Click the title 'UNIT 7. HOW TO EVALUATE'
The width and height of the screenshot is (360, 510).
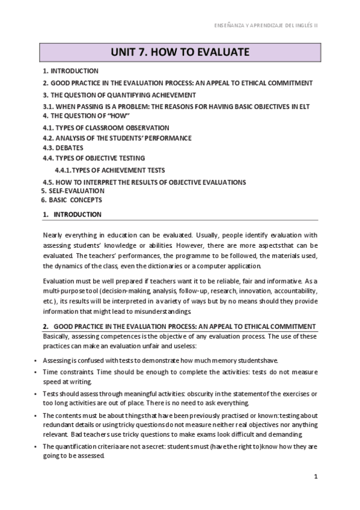tap(180, 53)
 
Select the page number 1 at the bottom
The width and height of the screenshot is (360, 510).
tap(316, 476)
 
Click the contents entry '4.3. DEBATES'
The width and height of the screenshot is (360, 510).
tap(63, 147)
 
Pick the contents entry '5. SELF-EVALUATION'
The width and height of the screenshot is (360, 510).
tap(68, 191)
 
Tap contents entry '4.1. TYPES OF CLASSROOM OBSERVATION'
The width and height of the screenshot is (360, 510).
tap(106, 127)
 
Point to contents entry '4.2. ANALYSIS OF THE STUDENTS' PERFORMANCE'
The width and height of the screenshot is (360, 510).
tap(117, 138)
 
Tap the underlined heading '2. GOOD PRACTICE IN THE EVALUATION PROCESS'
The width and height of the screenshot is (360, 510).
tap(179, 326)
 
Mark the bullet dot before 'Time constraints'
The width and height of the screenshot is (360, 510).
tap(37, 373)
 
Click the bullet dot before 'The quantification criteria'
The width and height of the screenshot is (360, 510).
tap(37, 447)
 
